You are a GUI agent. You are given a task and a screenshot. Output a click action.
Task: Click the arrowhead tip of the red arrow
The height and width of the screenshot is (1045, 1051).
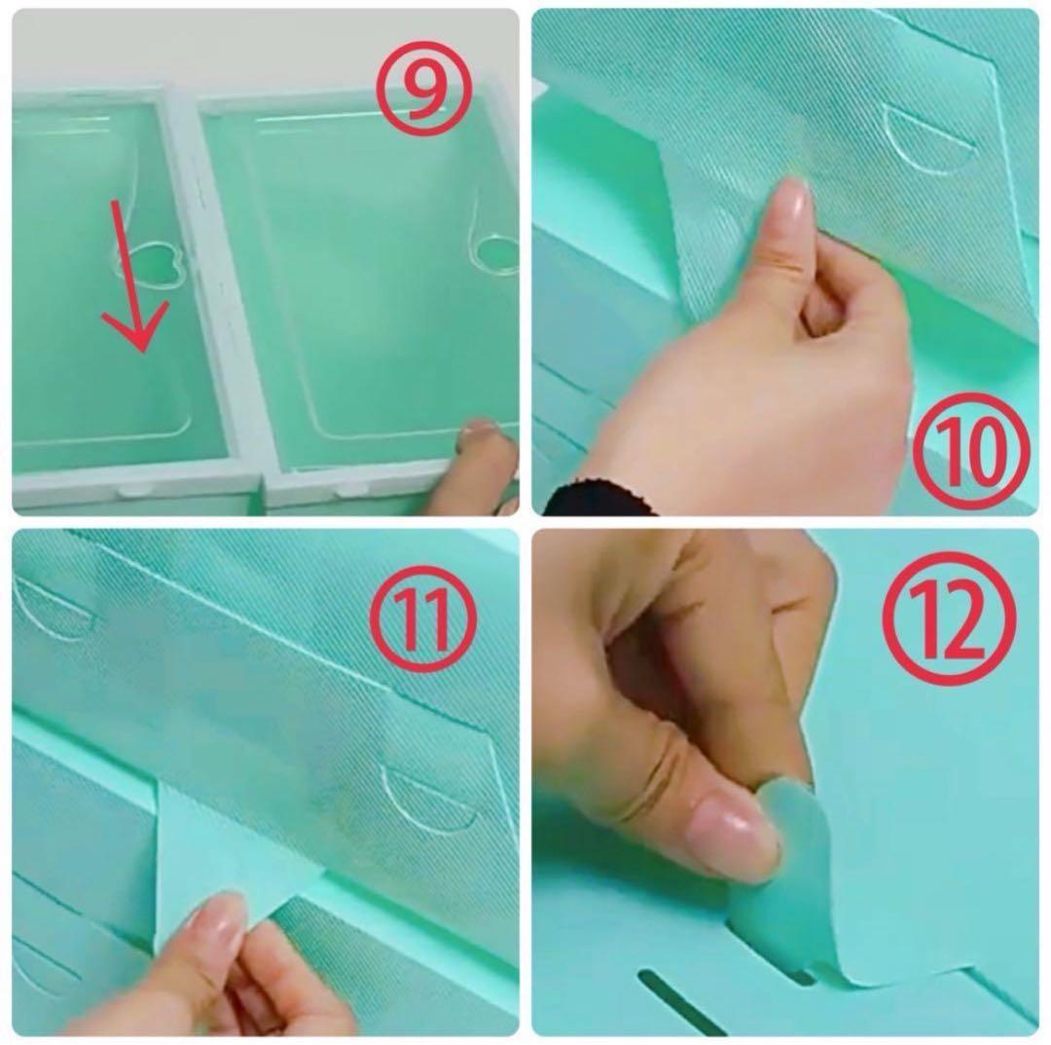tap(141, 352)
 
